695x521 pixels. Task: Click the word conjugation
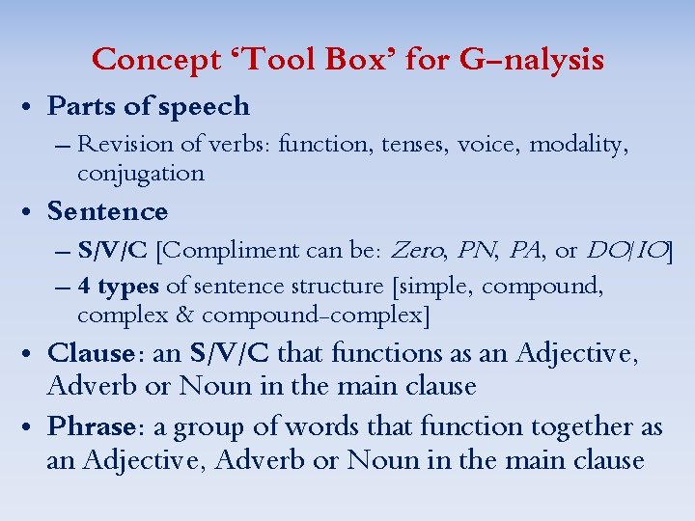[x=140, y=174]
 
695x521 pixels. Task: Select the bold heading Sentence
[x=107, y=211]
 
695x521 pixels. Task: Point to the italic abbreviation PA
[x=524, y=251]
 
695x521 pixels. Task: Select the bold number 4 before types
[x=84, y=287]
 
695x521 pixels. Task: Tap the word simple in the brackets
[x=437, y=287]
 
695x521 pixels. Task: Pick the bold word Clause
[x=90, y=353]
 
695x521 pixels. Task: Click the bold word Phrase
[x=91, y=426]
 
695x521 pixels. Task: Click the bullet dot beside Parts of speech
[x=31, y=107]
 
